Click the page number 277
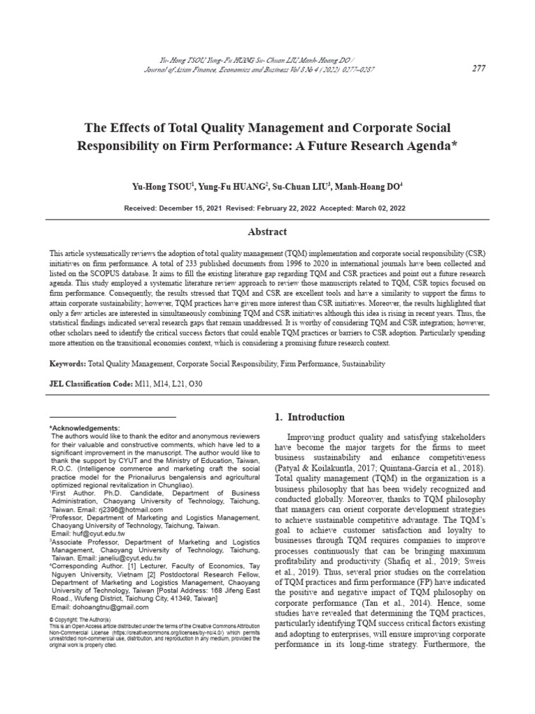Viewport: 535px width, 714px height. pyautogui.click(x=479, y=68)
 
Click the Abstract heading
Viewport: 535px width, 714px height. pyautogui.click(x=267, y=231)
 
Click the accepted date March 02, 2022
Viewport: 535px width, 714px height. pyautogui.click(x=381, y=208)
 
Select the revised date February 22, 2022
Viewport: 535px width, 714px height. pyautogui.click(x=288, y=208)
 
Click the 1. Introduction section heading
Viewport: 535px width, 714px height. pyautogui.click(x=309, y=417)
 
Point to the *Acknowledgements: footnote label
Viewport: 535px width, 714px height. pyautogui.click(x=85, y=427)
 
